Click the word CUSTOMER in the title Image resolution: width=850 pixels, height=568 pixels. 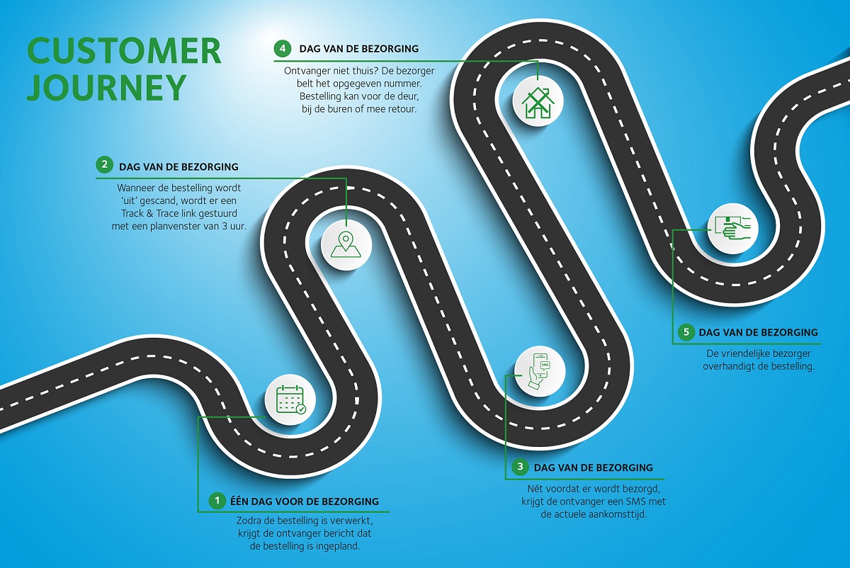(x=124, y=51)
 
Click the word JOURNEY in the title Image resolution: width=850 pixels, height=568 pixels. (x=107, y=87)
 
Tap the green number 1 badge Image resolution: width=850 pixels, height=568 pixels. (x=217, y=501)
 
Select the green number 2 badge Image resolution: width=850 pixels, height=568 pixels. (x=104, y=166)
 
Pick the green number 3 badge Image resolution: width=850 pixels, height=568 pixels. (x=520, y=467)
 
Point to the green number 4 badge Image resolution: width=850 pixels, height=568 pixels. (x=283, y=49)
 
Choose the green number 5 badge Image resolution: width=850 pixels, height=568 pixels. (x=686, y=332)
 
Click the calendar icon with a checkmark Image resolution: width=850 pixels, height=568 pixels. (x=290, y=399)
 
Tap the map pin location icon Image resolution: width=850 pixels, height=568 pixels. (x=346, y=245)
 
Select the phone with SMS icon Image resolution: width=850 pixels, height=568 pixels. (x=540, y=371)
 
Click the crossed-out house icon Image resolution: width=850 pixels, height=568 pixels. (x=538, y=102)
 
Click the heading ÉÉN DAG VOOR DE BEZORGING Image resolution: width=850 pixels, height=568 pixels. (x=305, y=501)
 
